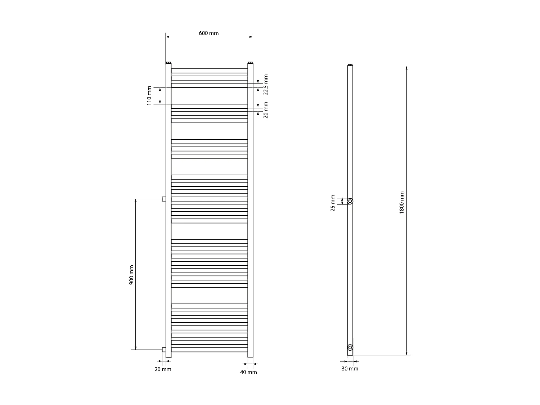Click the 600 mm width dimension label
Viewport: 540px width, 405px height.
click(209, 33)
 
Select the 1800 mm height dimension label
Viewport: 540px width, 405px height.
click(402, 202)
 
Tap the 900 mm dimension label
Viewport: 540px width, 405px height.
click(131, 275)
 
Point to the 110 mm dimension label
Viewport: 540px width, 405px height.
click(149, 95)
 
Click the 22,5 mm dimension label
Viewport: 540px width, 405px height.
click(266, 85)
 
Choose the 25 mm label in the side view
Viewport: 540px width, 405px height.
click(333, 203)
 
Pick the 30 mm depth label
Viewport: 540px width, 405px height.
click(350, 369)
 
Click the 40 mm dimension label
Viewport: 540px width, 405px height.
click(248, 372)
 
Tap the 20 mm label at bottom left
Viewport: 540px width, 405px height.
click(163, 369)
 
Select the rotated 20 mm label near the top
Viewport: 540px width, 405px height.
click(266, 110)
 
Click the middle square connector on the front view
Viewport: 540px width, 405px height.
click(164, 199)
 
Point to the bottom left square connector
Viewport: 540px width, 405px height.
click(164, 350)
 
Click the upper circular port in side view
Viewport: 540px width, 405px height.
click(350, 201)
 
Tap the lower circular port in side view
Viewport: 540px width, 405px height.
click(350, 347)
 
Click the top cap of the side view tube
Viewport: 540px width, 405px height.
click(350, 65)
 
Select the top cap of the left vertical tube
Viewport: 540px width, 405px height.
click(168, 63)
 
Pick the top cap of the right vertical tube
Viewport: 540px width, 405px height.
click(251, 63)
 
